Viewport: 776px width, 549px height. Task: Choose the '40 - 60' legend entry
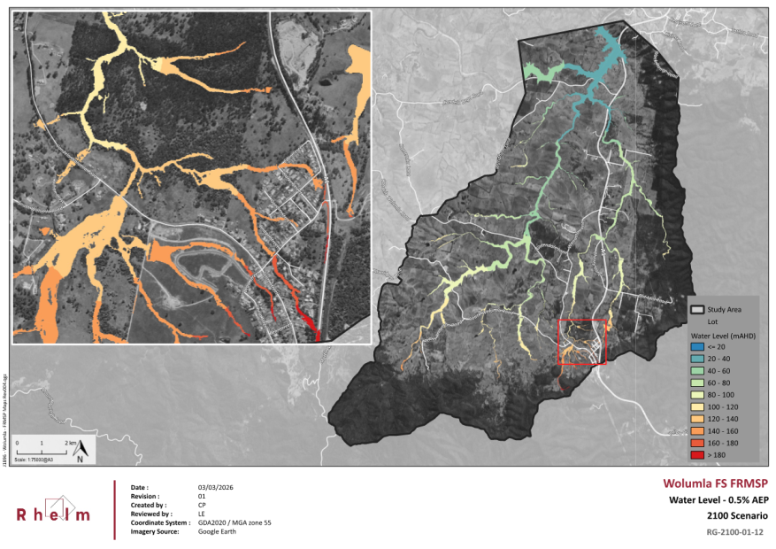tap(719, 371)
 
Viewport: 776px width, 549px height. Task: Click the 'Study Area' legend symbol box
tap(697, 310)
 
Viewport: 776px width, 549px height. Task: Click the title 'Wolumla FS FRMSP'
tap(716, 483)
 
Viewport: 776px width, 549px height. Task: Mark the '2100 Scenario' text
tap(736, 515)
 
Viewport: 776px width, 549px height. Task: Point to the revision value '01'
tap(202, 497)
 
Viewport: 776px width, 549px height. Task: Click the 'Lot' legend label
tap(713, 322)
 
